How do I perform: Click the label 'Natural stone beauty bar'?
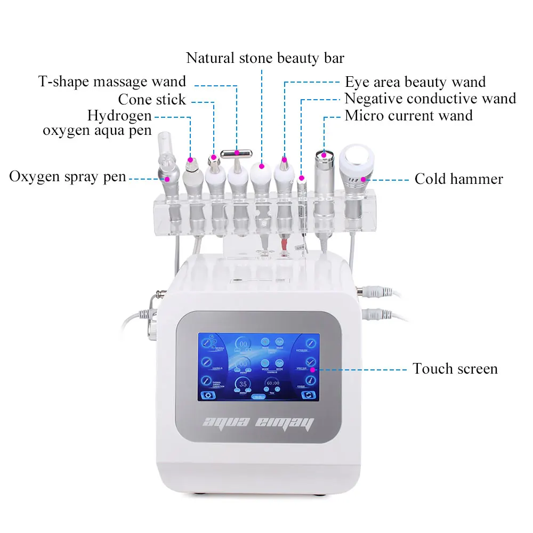pos(265,58)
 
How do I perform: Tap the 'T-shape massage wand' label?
pos(112,82)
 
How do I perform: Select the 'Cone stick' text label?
pos(152,100)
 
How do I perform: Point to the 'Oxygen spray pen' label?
pos(68,177)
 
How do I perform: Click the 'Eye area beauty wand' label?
pos(415,83)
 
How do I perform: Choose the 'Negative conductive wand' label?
pos(430,99)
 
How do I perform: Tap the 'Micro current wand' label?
pos(409,116)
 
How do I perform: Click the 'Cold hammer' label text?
pos(458,179)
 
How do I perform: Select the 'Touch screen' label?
pos(455,369)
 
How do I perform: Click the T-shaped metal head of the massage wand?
pos(237,153)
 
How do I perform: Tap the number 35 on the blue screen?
pos(243,384)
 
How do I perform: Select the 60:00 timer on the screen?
pos(273,383)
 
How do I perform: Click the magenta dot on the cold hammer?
pos(365,179)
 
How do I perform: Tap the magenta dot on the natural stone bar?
pos(262,166)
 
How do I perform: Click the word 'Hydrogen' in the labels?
pos(119,116)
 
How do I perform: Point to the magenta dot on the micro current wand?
pos(324,155)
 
